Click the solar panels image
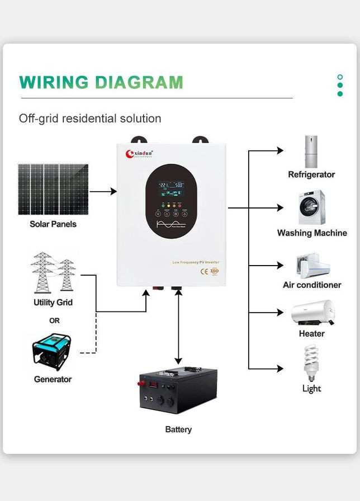(x=53, y=189)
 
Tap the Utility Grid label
(x=53, y=303)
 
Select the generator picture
(x=52, y=352)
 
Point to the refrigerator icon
(x=311, y=151)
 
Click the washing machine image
(x=311, y=208)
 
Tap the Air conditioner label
(x=312, y=285)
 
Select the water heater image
(x=312, y=313)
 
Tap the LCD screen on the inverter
(x=171, y=187)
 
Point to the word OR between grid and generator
(x=54, y=321)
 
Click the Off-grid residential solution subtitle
(x=90, y=119)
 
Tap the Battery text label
(x=178, y=429)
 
